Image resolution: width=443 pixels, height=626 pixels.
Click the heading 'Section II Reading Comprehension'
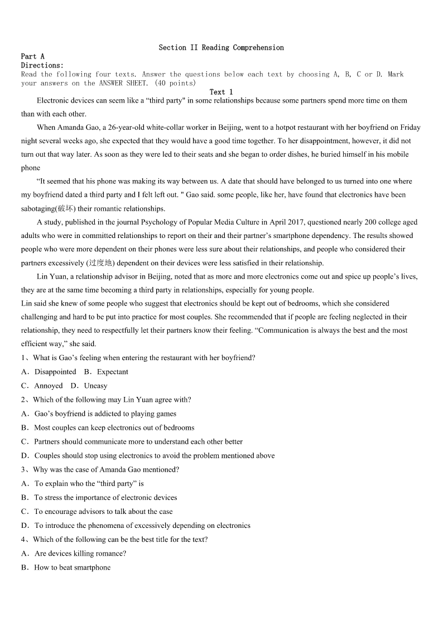point(221,48)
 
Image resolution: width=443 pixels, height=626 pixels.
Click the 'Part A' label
point(32,56)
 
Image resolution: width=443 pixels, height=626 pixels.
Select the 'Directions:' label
point(42,65)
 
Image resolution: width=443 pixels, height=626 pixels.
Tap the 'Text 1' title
point(221,92)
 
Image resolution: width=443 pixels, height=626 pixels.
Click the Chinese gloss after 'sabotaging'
point(65,208)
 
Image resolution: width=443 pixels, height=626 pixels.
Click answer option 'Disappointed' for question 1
point(55,372)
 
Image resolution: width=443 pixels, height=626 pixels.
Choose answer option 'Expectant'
point(112,372)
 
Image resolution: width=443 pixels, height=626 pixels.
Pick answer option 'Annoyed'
point(49,386)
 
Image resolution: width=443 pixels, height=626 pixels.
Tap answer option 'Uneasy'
point(95,386)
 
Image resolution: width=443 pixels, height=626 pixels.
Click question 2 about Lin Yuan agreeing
point(112,400)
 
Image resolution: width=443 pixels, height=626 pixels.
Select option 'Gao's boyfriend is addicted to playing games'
point(105,414)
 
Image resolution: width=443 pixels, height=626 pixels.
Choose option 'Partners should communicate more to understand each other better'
point(138,441)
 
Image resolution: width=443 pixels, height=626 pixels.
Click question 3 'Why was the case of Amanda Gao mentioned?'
point(106,469)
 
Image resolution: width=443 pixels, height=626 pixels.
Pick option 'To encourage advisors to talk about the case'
point(103,511)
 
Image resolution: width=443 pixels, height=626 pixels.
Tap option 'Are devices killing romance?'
point(80,554)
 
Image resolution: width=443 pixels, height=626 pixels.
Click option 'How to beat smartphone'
point(72,567)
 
